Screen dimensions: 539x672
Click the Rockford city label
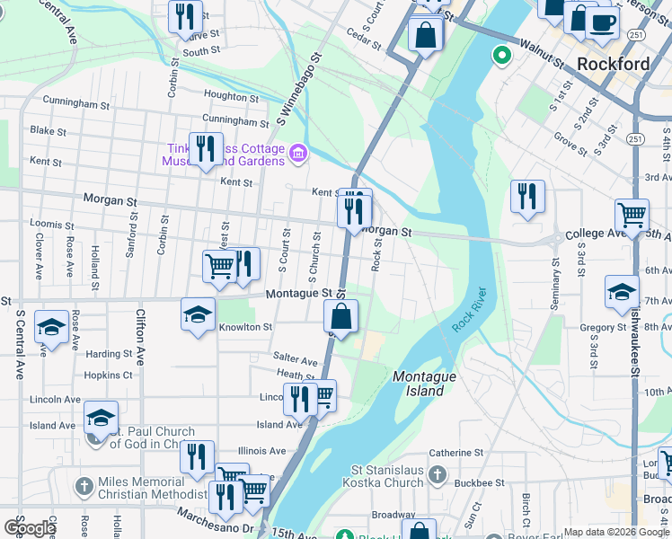pos(613,64)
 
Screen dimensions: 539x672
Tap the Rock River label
pos(469,311)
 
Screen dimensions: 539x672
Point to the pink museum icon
pos(298,155)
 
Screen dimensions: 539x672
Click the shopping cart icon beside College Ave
pos(632,216)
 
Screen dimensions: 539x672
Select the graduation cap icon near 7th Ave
pos(622,291)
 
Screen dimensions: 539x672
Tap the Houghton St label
pos(232,96)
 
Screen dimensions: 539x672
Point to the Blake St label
pos(48,131)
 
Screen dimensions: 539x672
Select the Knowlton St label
pos(245,328)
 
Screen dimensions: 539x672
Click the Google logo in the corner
pos(30,528)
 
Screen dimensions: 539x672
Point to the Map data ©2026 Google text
pos(615,532)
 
